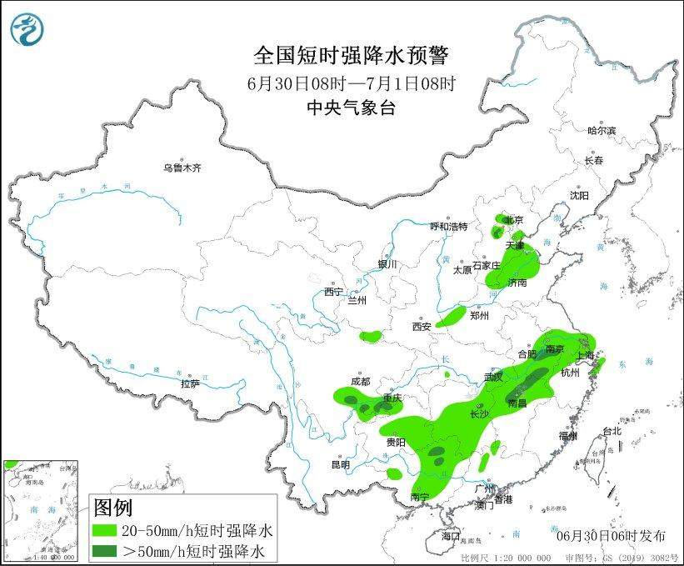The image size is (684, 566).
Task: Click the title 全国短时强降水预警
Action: click(351, 56)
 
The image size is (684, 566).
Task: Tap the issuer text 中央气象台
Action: click(351, 107)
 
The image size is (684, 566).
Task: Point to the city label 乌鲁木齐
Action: click(182, 168)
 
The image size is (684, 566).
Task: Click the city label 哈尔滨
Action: click(601, 131)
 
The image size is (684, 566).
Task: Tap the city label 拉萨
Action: click(190, 383)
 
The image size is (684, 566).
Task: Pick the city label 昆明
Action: click(341, 464)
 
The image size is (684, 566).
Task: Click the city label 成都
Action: click(360, 381)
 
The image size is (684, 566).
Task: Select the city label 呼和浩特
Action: click(448, 227)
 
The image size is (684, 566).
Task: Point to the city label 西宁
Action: click(333, 292)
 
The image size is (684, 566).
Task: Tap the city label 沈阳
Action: click(579, 195)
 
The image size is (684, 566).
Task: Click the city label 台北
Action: click(612, 431)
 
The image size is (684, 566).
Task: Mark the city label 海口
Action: click(450, 534)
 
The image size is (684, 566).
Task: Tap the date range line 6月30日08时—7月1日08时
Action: click(351, 83)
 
